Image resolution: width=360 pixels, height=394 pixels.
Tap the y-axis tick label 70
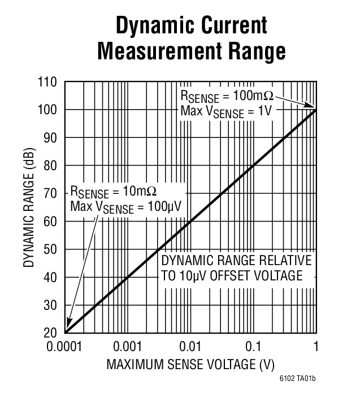pos(51,193)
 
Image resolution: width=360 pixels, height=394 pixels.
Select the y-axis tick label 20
pos(51,333)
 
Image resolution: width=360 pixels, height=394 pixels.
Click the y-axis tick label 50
pos(51,249)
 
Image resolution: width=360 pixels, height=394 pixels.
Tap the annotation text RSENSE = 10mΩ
pos(112,191)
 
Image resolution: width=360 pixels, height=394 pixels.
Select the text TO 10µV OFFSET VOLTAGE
pos(232,276)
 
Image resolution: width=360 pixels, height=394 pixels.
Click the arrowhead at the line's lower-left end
pos(68,330)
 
